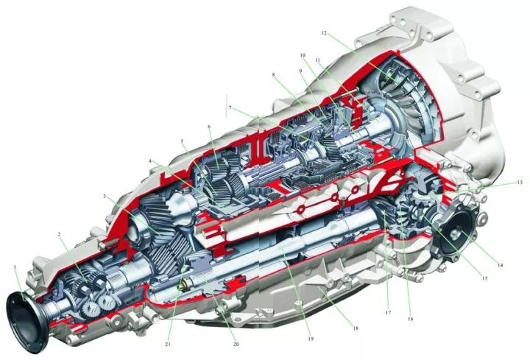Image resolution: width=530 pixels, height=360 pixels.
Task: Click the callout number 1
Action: click(x=15, y=267)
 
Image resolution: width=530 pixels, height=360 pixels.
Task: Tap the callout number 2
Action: click(x=59, y=234)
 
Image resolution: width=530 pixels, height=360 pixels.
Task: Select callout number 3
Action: click(x=105, y=196)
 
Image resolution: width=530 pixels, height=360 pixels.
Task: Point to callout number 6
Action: click(x=209, y=127)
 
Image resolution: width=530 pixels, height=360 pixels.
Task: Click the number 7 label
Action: click(x=230, y=107)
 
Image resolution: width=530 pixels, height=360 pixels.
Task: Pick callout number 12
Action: click(x=324, y=33)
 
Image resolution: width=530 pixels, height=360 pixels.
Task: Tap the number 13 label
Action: click(x=520, y=182)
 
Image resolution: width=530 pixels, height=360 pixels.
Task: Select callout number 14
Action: click(x=500, y=265)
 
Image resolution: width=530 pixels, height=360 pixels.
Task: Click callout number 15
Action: click(x=484, y=278)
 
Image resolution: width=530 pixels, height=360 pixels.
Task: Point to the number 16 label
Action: click(x=410, y=319)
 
